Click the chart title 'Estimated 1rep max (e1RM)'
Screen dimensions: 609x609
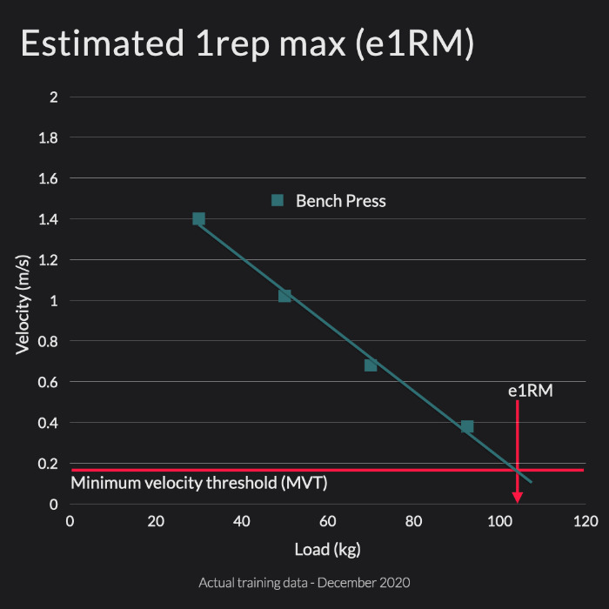(x=247, y=44)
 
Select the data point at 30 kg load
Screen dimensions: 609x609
(x=198, y=219)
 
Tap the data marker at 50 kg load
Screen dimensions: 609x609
(x=284, y=296)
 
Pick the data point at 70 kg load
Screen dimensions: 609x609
(x=371, y=365)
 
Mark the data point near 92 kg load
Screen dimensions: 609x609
(x=467, y=426)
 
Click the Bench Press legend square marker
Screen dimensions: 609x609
(x=278, y=201)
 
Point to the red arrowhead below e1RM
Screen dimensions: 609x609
(x=518, y=497)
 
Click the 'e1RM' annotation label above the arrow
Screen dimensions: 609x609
(x=530, y=391)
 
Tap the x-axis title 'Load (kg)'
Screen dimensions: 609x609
(x=328, y=549)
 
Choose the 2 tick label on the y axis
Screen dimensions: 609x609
(x=54, y=97)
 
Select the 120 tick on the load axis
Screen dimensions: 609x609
(x=586, y=522)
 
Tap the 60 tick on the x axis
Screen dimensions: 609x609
(x=328, y=522)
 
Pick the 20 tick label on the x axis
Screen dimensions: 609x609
(x=156, y=522)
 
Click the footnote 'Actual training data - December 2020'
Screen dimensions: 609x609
(x=304, y=582)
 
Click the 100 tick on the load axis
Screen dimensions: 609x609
(x=499, y=522)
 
